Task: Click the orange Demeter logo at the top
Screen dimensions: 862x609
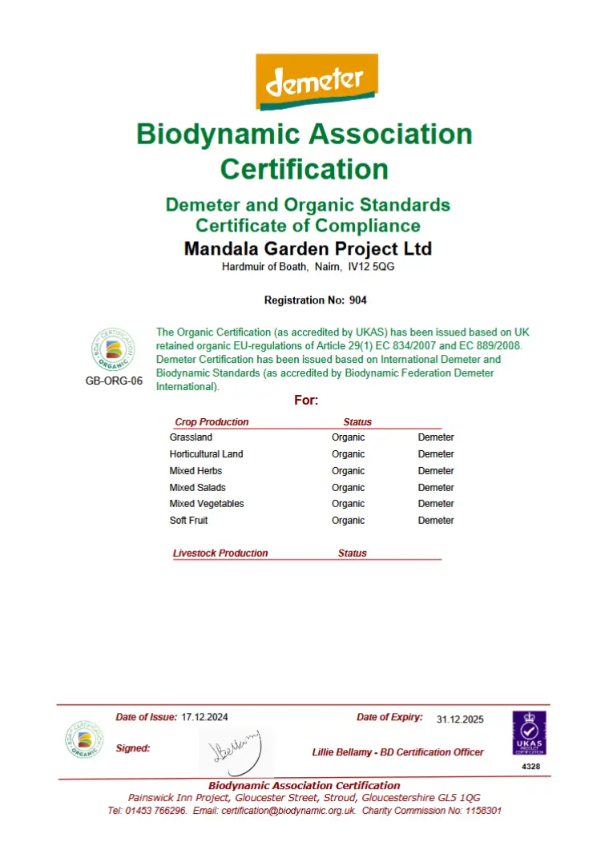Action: [317, 82]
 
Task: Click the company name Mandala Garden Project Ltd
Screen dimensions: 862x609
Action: [308, 248]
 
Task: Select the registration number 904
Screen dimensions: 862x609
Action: [357, 300]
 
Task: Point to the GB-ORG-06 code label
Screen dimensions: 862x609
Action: [114, 381]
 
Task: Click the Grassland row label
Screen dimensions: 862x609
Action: [191, 437]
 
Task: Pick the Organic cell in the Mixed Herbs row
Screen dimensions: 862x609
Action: [348, 471]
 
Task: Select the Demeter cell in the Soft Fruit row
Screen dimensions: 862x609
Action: [436, 521]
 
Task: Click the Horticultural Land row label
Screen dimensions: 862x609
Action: [206, 454]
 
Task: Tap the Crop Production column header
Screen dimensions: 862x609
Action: [212, 422]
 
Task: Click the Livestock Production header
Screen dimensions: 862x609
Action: [220, 553]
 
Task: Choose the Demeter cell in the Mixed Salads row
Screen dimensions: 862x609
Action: [436, 488]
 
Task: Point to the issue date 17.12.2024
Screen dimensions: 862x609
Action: [210, 717]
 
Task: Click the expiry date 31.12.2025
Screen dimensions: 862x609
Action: [460, 719]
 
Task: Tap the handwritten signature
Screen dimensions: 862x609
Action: [234, 750]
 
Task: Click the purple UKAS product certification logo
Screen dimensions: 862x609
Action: [529, 732]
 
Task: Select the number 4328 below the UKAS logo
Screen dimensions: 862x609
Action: [530, 767]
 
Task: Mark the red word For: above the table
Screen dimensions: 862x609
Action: [306, 400]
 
